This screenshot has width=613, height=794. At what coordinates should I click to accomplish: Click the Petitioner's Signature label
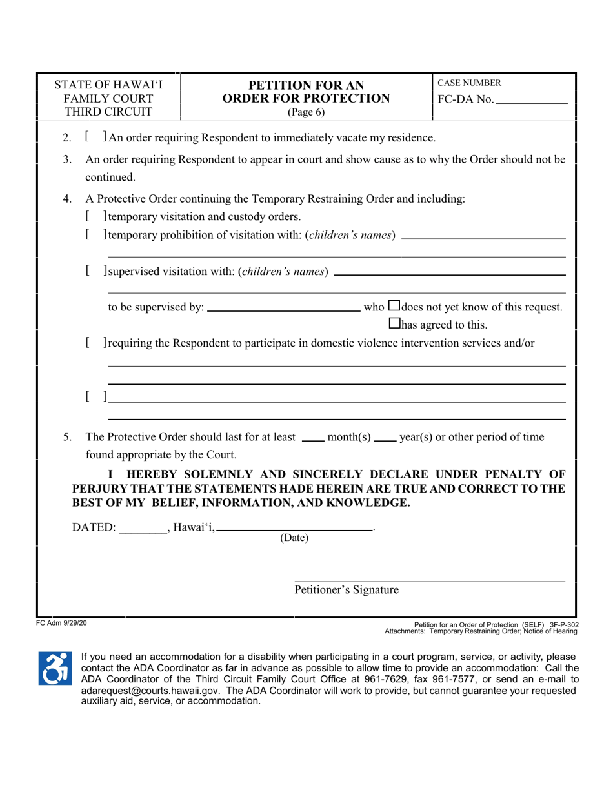coord(347,589)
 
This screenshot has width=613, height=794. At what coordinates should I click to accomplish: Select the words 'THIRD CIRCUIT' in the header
coord(108,112)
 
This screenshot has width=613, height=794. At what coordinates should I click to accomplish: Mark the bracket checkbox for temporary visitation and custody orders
coord(95,216)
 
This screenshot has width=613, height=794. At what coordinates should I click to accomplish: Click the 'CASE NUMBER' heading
coord(468,83)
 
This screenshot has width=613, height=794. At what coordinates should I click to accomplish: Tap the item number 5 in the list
coord(67,437)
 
